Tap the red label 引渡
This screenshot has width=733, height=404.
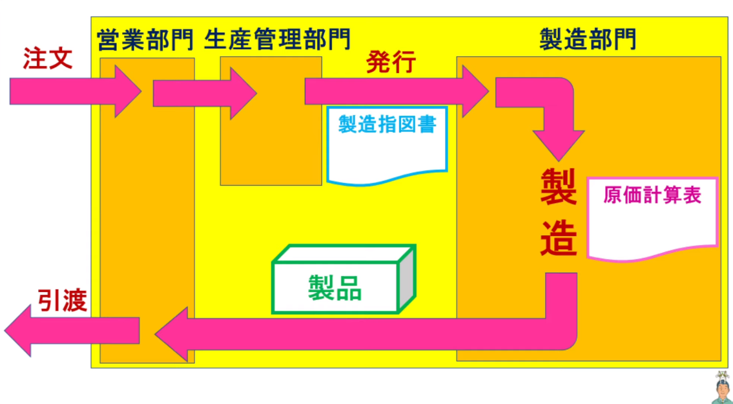click(61, 299)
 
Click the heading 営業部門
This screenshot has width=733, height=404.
click(145, 40)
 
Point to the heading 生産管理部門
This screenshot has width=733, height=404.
click(277, 40)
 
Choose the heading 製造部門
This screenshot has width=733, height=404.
click(587, 40)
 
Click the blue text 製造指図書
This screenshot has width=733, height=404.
click(387, 124)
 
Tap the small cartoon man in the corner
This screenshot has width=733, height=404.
click(721, 388)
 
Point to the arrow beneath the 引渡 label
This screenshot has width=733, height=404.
click(71, 330)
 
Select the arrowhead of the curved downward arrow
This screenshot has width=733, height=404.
click(559, 145)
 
